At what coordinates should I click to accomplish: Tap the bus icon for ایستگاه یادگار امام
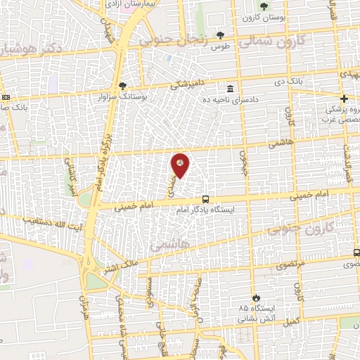coord(205,199)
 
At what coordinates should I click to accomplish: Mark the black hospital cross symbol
coord(344,98)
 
